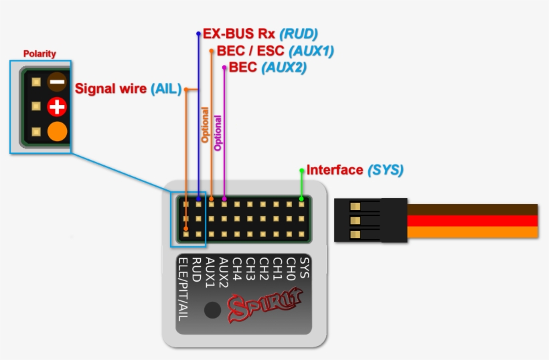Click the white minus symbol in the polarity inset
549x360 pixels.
57,82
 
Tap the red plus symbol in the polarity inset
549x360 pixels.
57,106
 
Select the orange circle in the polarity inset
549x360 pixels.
57,131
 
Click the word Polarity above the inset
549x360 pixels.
40,54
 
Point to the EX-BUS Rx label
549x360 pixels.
239,33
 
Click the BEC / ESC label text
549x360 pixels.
251,51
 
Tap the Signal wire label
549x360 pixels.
110,88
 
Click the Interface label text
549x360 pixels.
334,170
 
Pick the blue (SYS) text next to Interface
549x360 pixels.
385,170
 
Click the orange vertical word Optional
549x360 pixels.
206,125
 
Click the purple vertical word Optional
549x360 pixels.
218,133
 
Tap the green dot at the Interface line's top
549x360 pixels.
302,170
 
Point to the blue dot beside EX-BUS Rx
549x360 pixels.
198,33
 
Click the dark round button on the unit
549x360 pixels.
213,310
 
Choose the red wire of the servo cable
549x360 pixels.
472,221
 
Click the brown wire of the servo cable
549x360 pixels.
472,209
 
